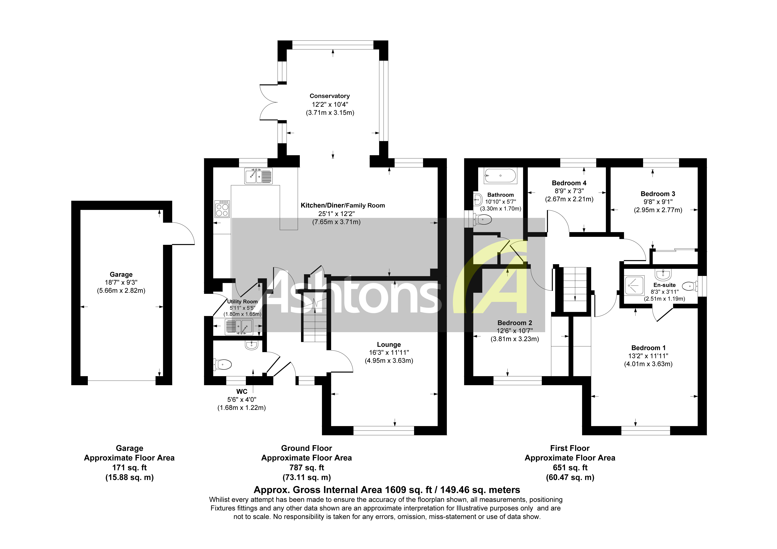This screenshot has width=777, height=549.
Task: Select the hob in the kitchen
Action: (x=222, y=209)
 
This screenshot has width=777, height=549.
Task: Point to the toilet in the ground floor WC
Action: (x=223, y=365)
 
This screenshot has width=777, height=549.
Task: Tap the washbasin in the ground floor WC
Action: (x=251, y=345)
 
